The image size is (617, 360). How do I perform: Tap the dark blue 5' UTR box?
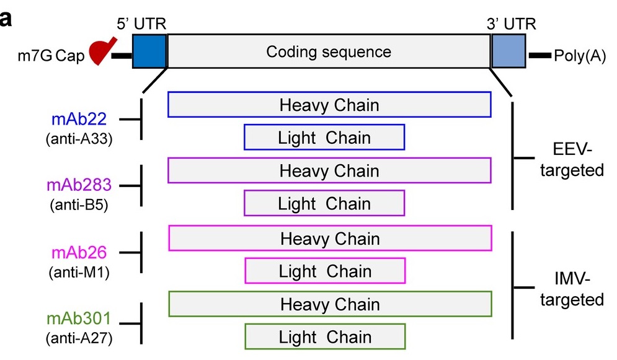click(x=149, y=51)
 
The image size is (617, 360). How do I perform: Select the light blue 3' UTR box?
click(x=508, y=51)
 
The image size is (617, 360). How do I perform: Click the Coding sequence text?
click(x=329, y=52)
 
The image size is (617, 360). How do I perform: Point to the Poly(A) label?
click(x=580, y=56)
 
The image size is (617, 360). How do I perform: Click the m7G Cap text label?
click(x=51, y=56)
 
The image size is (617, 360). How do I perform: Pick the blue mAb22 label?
click(x=79, y=119)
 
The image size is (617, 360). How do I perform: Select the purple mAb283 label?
click(x=79, y=185)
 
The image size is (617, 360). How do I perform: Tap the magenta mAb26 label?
click(x=79, y=252)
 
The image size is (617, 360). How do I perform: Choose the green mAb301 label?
click(x=79, y=318)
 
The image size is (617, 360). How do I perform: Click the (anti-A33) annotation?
click(x=79, y=139)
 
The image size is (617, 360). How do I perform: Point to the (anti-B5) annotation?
click(x=79, y=204)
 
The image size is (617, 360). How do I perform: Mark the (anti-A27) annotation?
click(x=79, y=338)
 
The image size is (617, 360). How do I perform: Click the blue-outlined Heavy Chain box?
click(x=329, y=105)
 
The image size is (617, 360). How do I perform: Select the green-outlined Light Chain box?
click(x=325, y=337)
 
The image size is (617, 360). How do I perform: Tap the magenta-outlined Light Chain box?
click(x=325, y=271)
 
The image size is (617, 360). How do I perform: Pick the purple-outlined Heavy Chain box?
click(x=329, y=170)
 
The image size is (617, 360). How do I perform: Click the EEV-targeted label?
click(x=572, y=160)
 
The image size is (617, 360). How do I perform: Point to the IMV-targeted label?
click(x=572, y=289)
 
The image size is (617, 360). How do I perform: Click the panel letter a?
click(x=5, y=18)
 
